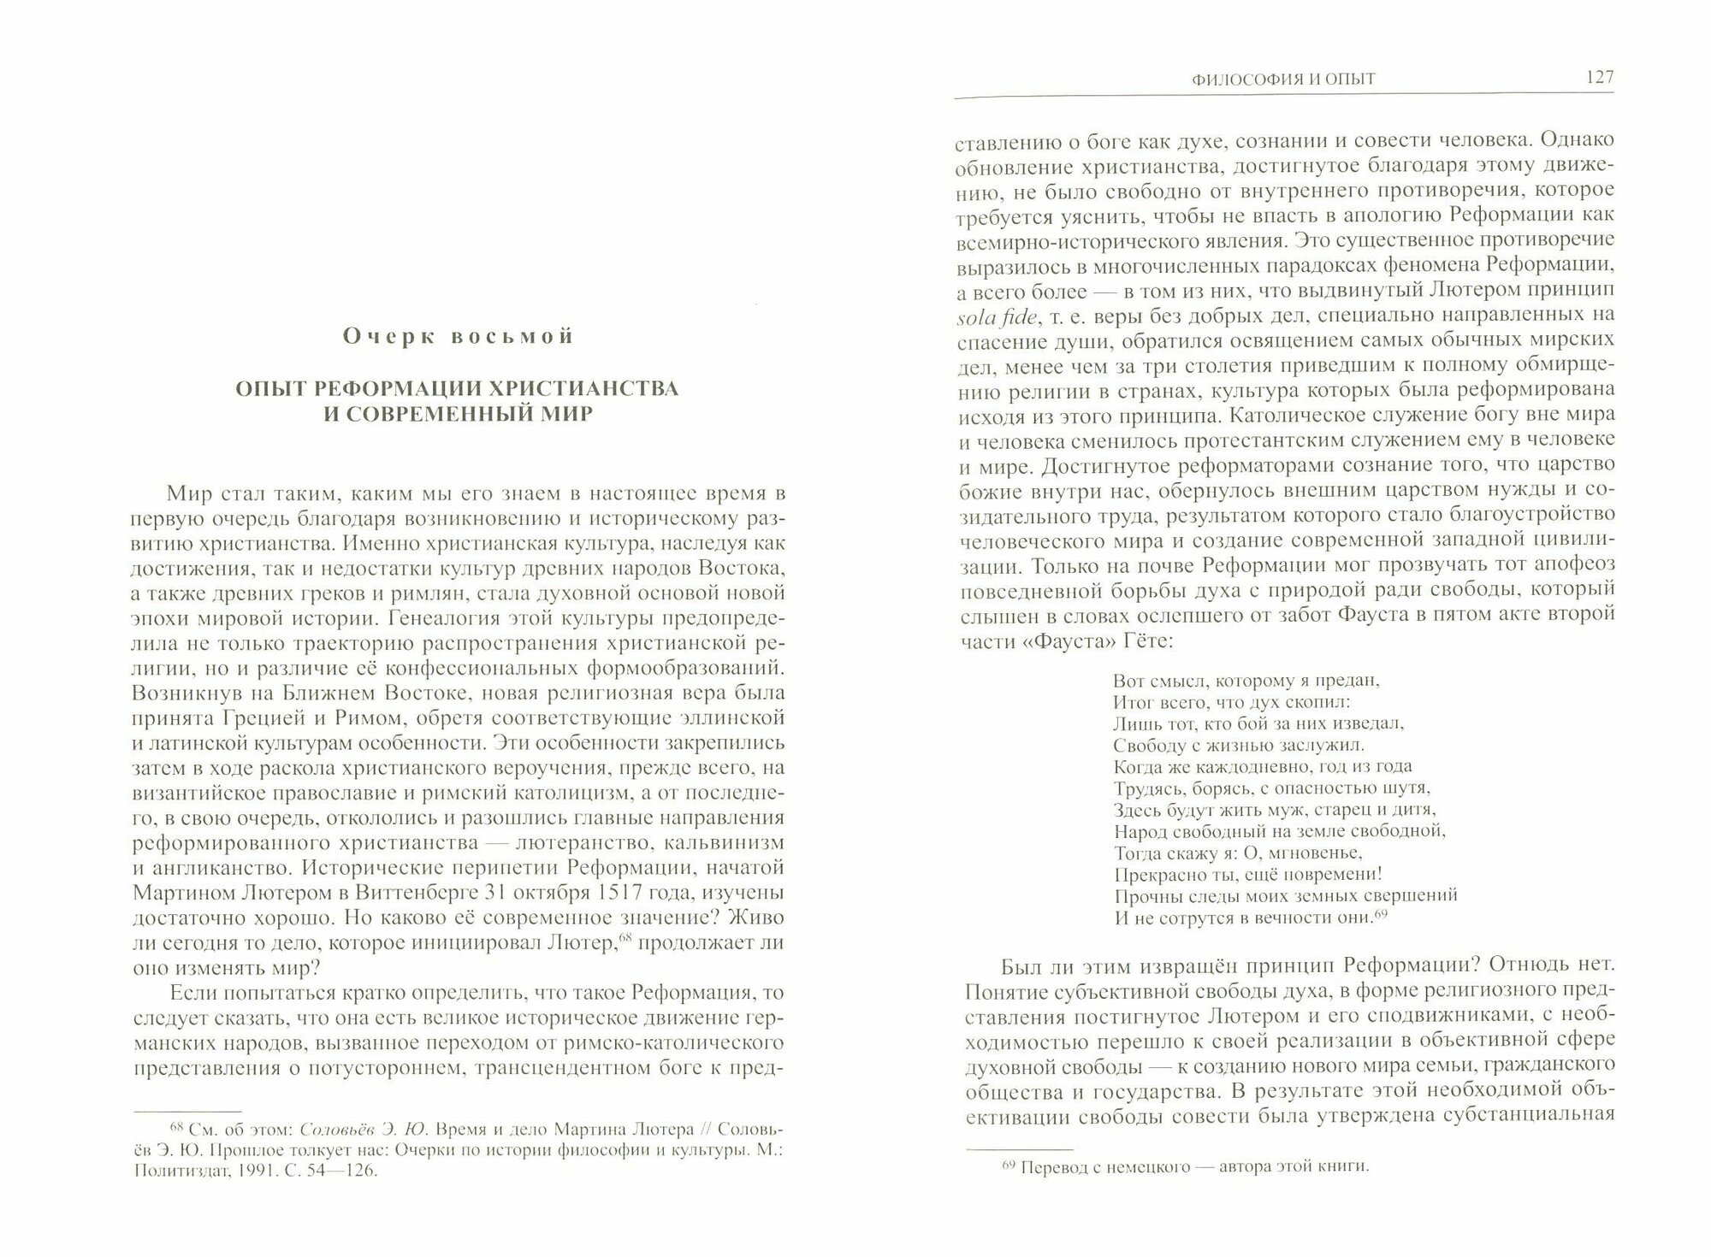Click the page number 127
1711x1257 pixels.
tap(1597, 78)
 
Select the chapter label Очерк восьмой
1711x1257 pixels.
tap(458, 336)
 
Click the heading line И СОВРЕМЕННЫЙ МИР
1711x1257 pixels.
tap(457, 417)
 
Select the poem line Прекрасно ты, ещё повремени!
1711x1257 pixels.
tap(1249, 874)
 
